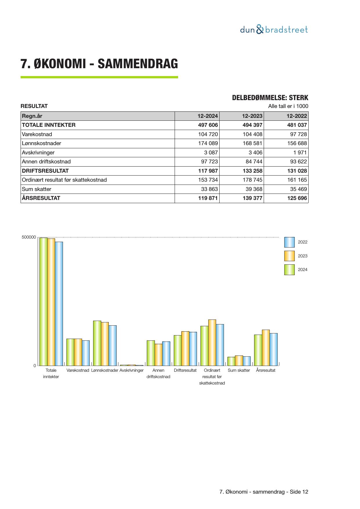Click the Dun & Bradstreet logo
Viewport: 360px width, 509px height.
(x=274, y=30)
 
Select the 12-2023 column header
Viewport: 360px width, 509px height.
(x=252, y=116)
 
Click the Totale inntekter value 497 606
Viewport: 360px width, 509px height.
(x=208, y=125)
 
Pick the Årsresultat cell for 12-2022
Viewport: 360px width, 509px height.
(x=297, y=198)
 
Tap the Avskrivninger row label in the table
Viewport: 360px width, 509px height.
(x=38, y=153)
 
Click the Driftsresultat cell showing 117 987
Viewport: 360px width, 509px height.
(x=208, y=171)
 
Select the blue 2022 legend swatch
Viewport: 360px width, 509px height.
(x=289, y=242)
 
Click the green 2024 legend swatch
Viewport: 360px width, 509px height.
(x=289, y=270)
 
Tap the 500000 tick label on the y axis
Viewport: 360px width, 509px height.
(x=29, y=237)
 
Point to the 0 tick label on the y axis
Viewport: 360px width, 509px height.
(x=35, y=366)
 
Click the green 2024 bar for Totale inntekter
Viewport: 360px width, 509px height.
(x=44, y=302)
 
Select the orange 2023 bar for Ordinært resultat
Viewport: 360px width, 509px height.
(x=212, y=342)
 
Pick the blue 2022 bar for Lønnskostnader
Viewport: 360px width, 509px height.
(x=113, y=345)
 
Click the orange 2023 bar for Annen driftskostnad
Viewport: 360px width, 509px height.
(x=158, y=355)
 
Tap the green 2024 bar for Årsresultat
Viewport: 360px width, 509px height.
(x=258, y=350)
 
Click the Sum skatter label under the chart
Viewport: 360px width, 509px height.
(x=239, y=371)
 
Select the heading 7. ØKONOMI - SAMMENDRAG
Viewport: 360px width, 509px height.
(x=99, y=64)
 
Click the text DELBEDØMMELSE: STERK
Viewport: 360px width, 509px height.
(x=270, y=98)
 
